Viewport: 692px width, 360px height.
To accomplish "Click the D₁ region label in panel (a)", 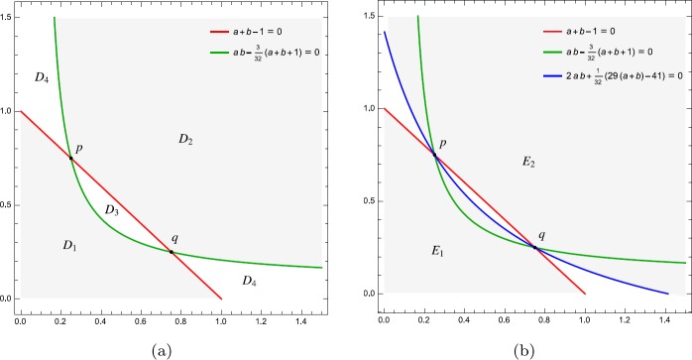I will [68, 246].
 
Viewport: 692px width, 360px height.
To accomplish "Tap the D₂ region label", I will [185, 141].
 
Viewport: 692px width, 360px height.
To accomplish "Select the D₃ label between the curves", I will [111, 209].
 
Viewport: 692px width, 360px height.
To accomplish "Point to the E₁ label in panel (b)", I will [437, 253].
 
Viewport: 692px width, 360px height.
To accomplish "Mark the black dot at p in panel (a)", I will [71, 158].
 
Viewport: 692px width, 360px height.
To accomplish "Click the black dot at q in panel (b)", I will [536, 247].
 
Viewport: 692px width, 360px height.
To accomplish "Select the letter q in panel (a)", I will [174, 239].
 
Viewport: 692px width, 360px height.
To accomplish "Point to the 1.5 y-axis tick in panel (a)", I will [8, 18].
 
